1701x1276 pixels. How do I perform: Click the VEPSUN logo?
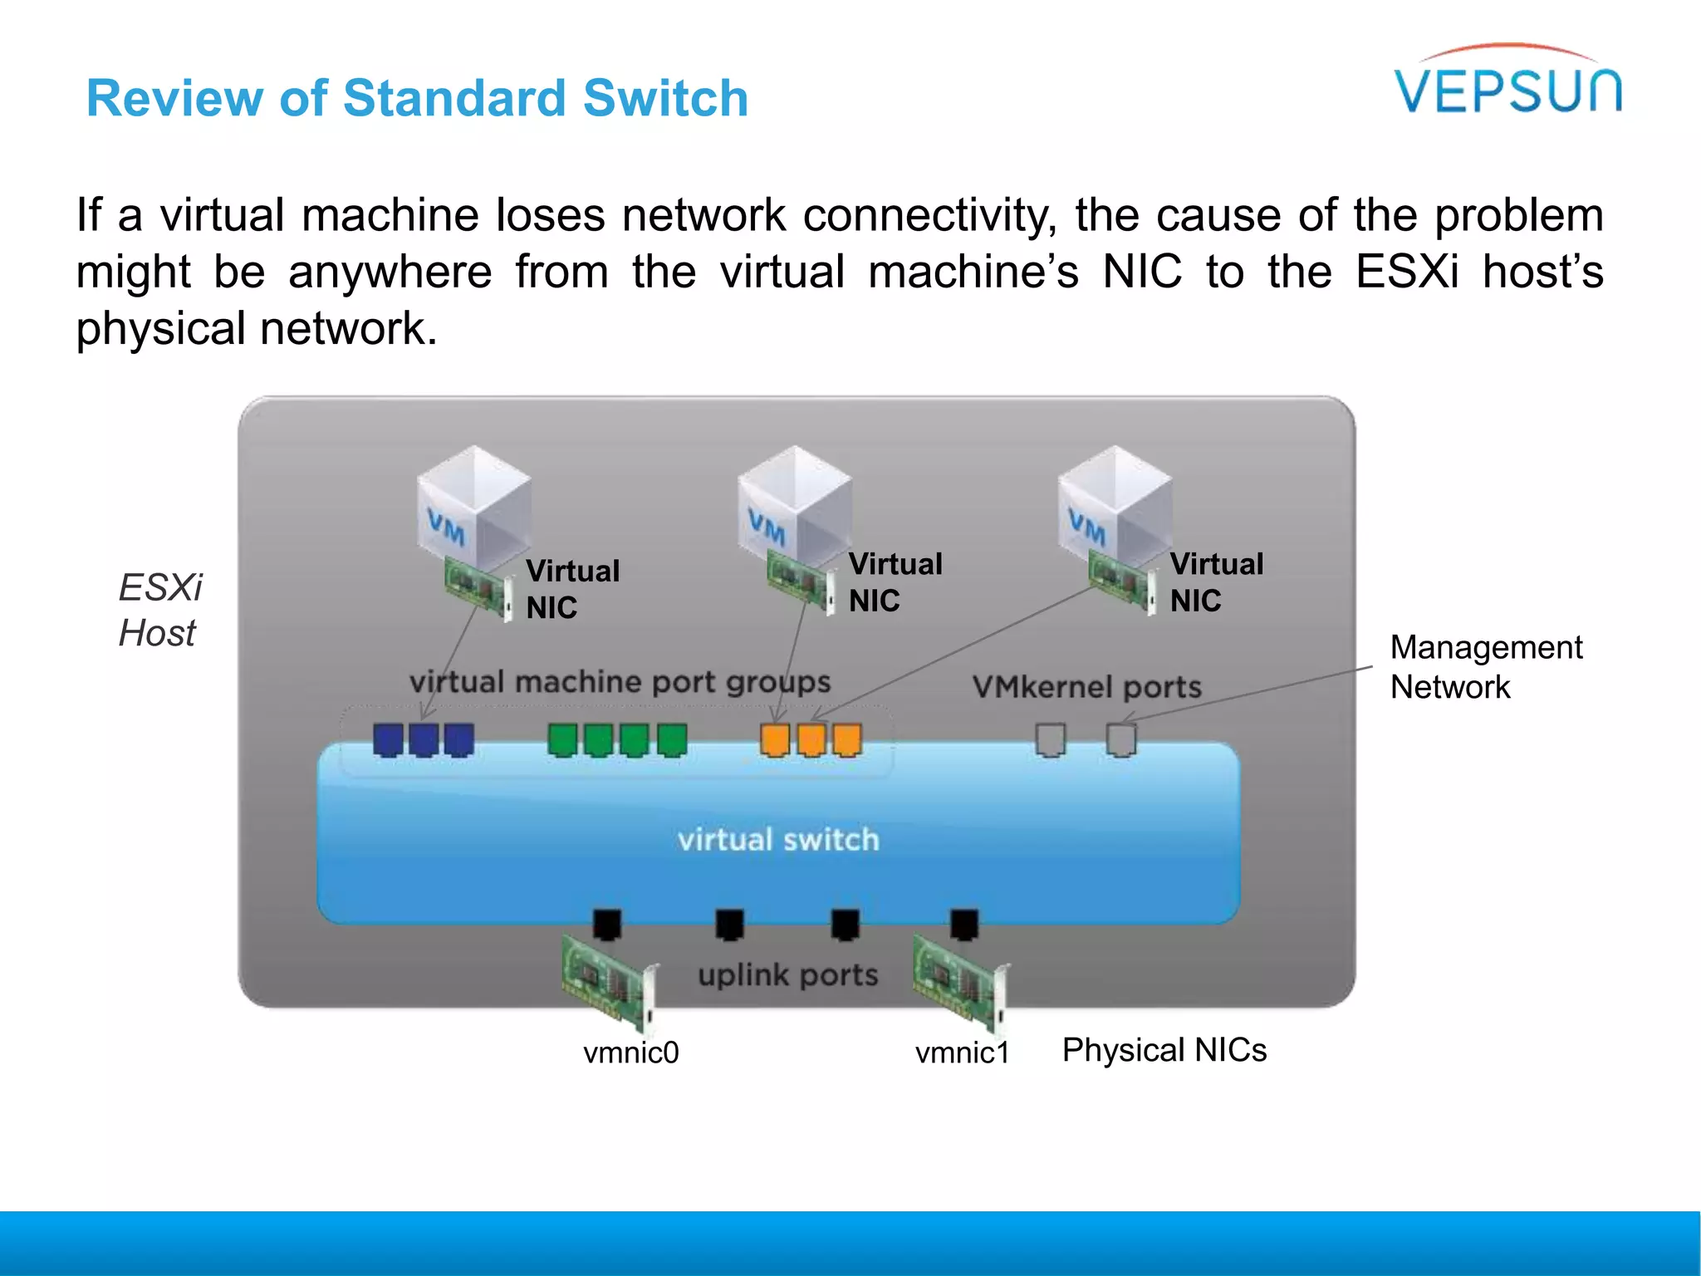(1507, 83)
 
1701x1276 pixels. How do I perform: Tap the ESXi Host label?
(159, 611)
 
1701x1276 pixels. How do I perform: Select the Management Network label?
(1485, 667)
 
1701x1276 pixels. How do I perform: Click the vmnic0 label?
(630, 1053)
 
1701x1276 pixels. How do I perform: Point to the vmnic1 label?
(962, 1053)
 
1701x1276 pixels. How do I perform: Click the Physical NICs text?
(1164, 1050)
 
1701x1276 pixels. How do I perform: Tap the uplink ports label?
(787, 974)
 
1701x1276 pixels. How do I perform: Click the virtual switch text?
(778, 840)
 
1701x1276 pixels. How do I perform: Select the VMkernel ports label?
(1086, 687)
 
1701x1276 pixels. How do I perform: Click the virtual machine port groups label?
(620, 682)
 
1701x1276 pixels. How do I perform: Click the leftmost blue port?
(388, 739)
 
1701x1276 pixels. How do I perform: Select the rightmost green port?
(672, 739)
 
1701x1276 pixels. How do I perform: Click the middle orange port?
(811, 739)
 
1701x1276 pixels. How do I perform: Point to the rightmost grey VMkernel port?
(1121, 739)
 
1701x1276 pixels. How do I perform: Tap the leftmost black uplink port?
(607, 924)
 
